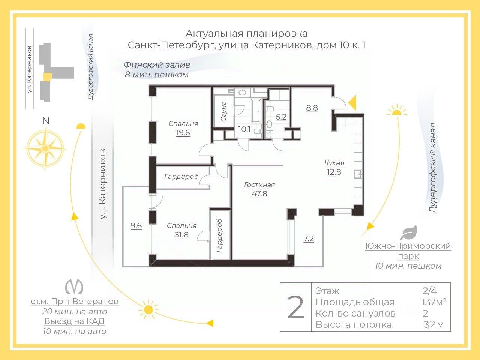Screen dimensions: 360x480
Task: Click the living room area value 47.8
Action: (x=259, y=194)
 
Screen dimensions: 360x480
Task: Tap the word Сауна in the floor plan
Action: (x=223, y=111)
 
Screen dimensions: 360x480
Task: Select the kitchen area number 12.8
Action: (x=334, y=172)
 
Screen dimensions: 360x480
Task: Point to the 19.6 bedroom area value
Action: (x=183, y=133)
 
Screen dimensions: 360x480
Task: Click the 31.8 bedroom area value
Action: (x=181, y=235)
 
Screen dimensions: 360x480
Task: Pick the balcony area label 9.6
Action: (x=136, y=226)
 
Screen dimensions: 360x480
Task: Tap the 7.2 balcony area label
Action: (x=308, y=238)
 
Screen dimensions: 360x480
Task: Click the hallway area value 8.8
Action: (x=312, y=108)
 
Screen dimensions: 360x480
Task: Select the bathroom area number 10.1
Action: (x=244, y=129)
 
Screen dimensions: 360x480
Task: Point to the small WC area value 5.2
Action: (x=281, y=117)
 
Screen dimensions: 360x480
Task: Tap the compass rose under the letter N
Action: (x=45, y=148)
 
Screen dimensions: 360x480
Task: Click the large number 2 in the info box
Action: (x=295, y=307)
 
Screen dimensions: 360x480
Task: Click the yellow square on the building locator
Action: (x=47, y=76)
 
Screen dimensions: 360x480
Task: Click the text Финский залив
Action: (x=157, y=64)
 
